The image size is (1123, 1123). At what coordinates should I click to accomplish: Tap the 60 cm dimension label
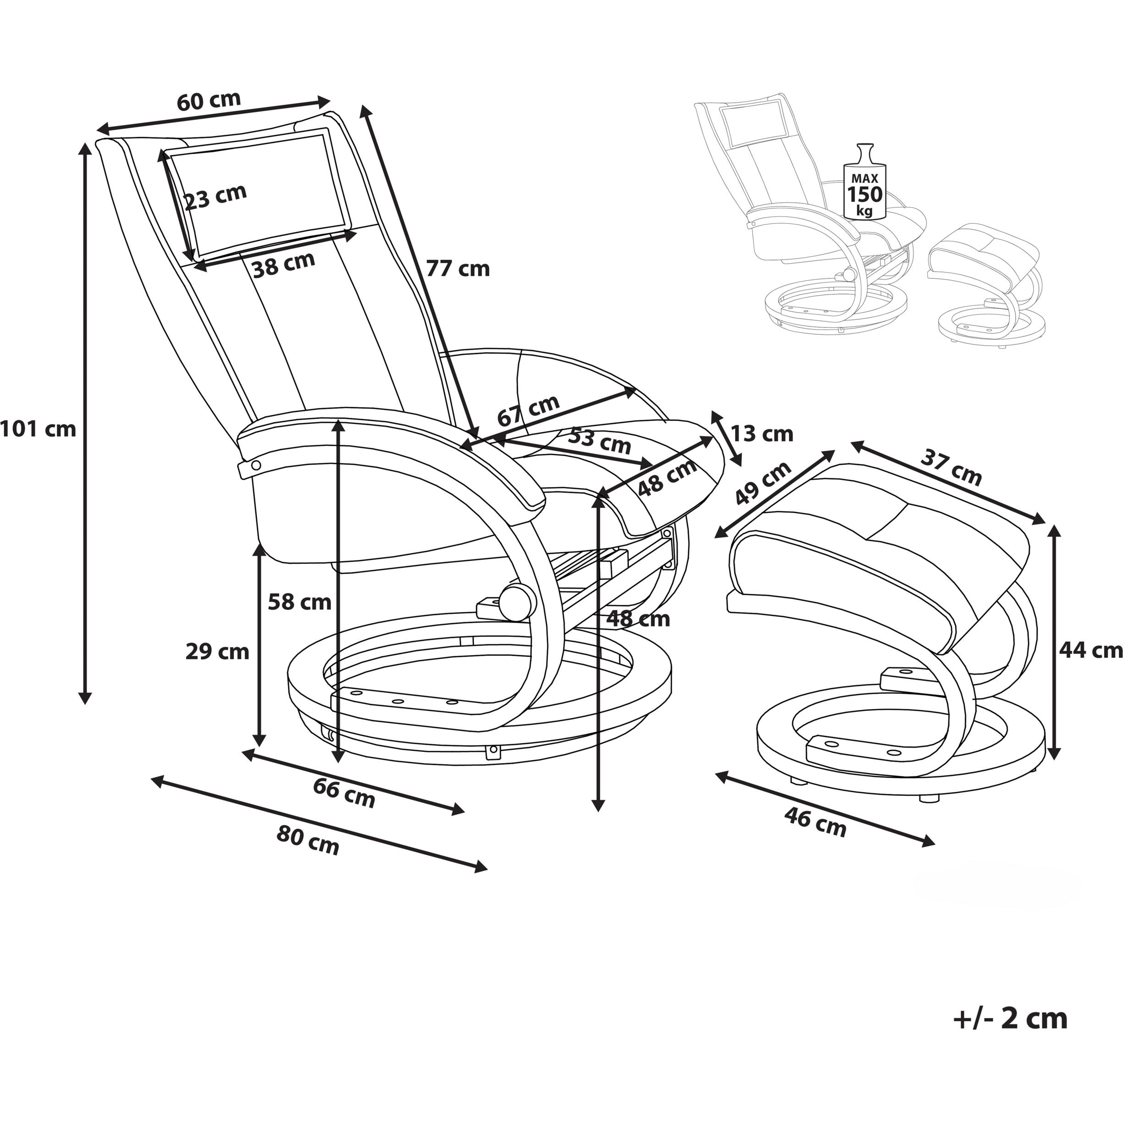point(209,100)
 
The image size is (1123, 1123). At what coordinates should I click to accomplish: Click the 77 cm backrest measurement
point(458,269)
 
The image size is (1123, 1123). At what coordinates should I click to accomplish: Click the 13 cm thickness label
point(762,434)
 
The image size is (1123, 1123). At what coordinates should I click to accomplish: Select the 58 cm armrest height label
point(299,602)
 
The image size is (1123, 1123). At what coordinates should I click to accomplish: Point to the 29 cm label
point(217,652)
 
